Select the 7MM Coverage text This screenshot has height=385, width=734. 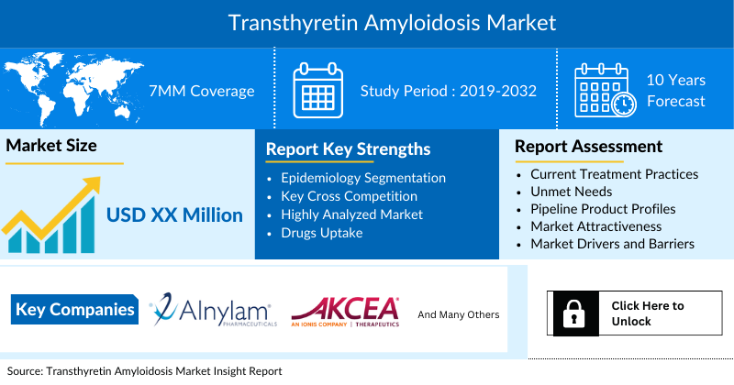[x=202, y=92]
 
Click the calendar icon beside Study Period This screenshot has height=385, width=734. [x=317, y=91]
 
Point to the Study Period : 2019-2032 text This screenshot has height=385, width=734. [x=448, y=92]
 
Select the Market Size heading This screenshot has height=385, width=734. [x=51, y=146]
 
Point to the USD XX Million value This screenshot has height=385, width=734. [x=174, y=216]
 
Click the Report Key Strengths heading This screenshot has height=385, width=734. [x=348, y=149]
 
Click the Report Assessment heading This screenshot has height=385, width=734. [x=588, y=147]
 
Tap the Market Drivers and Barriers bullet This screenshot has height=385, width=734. [x=612, y=244]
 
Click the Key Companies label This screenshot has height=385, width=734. [x=75, y=310]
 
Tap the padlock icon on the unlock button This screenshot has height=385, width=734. [x=573, y=313]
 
